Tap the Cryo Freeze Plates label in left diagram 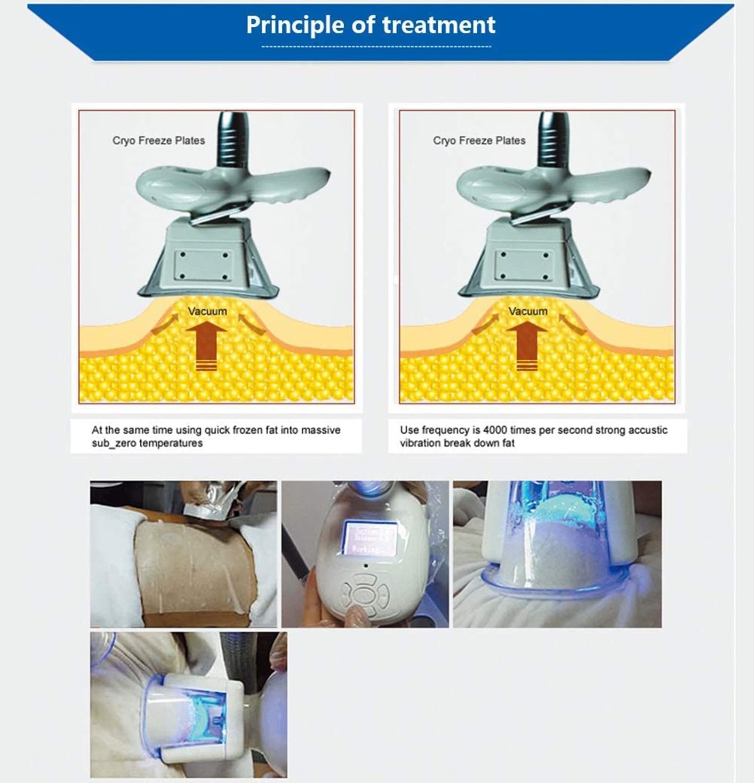coord(159,140)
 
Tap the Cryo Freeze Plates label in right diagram coord(479,140)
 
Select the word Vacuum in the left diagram coord(207,311)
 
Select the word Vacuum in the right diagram coord(528,311)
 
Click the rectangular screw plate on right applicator coord(523,265)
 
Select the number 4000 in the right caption coord(493,430)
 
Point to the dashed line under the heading coord(376,47)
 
